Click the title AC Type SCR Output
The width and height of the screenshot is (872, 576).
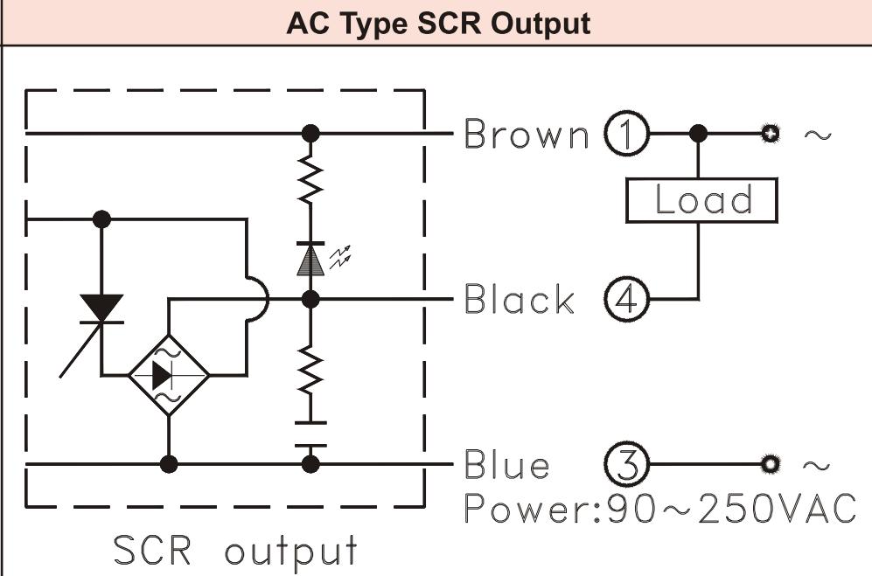pyautogui.click(x=437, y=24)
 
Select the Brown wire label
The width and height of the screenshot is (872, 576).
pyautogui.click(x=527, y=135)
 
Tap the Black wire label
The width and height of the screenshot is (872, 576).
pyautogui.click(x=520, y=300)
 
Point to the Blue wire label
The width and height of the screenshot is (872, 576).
pyautogui.click(x=507, y=465)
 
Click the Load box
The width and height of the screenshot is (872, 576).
pyautogui.click(x=702, y=200)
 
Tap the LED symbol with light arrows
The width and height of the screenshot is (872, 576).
pyautogui.click(x=311, y=259)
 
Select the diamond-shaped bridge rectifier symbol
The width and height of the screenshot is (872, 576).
pyautogui.click(x=169, y=374)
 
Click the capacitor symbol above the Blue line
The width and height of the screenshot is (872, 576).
pyautogui.click(x=310, y=434)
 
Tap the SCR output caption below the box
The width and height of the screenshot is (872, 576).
pyautogui.click(x=236, y=550)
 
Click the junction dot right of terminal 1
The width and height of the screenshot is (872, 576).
pyautogui.click(x=698, y=135)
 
